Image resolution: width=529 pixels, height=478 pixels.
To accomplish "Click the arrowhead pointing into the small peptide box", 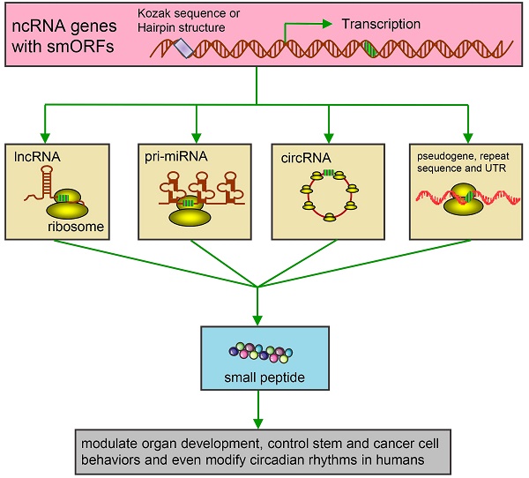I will point(258,319).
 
